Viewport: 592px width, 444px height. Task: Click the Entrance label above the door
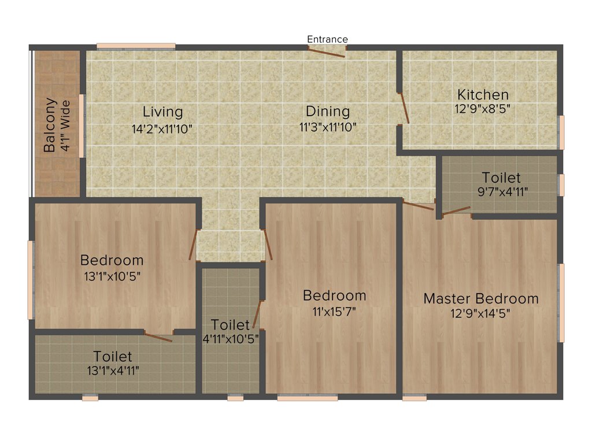click(x=327, y=39)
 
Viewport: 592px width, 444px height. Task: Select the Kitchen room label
click(x=483, y=94)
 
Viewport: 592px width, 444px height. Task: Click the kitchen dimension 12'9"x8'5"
click(x=483, y=108)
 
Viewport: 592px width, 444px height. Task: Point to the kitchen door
click(x=405, y=108)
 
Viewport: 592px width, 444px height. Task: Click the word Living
click(x=162, y=112)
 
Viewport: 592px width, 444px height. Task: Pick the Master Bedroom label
click(x=480, y=299)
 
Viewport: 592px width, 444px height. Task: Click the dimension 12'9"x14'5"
click(x=480, y=313)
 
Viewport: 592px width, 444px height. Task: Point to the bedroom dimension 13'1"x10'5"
click(x=112, y=276)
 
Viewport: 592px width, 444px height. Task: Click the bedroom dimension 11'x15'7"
click(x=334, y=310)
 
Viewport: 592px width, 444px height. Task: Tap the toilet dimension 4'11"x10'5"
click(x=230, y=339)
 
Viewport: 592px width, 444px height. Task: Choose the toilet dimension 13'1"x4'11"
click(x=113, y=370)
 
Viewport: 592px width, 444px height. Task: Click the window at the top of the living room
click(x=136, y=46)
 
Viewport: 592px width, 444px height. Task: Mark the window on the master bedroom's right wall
click(x=560, y=302)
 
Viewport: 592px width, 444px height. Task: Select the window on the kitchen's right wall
click(x=560, y=132)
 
